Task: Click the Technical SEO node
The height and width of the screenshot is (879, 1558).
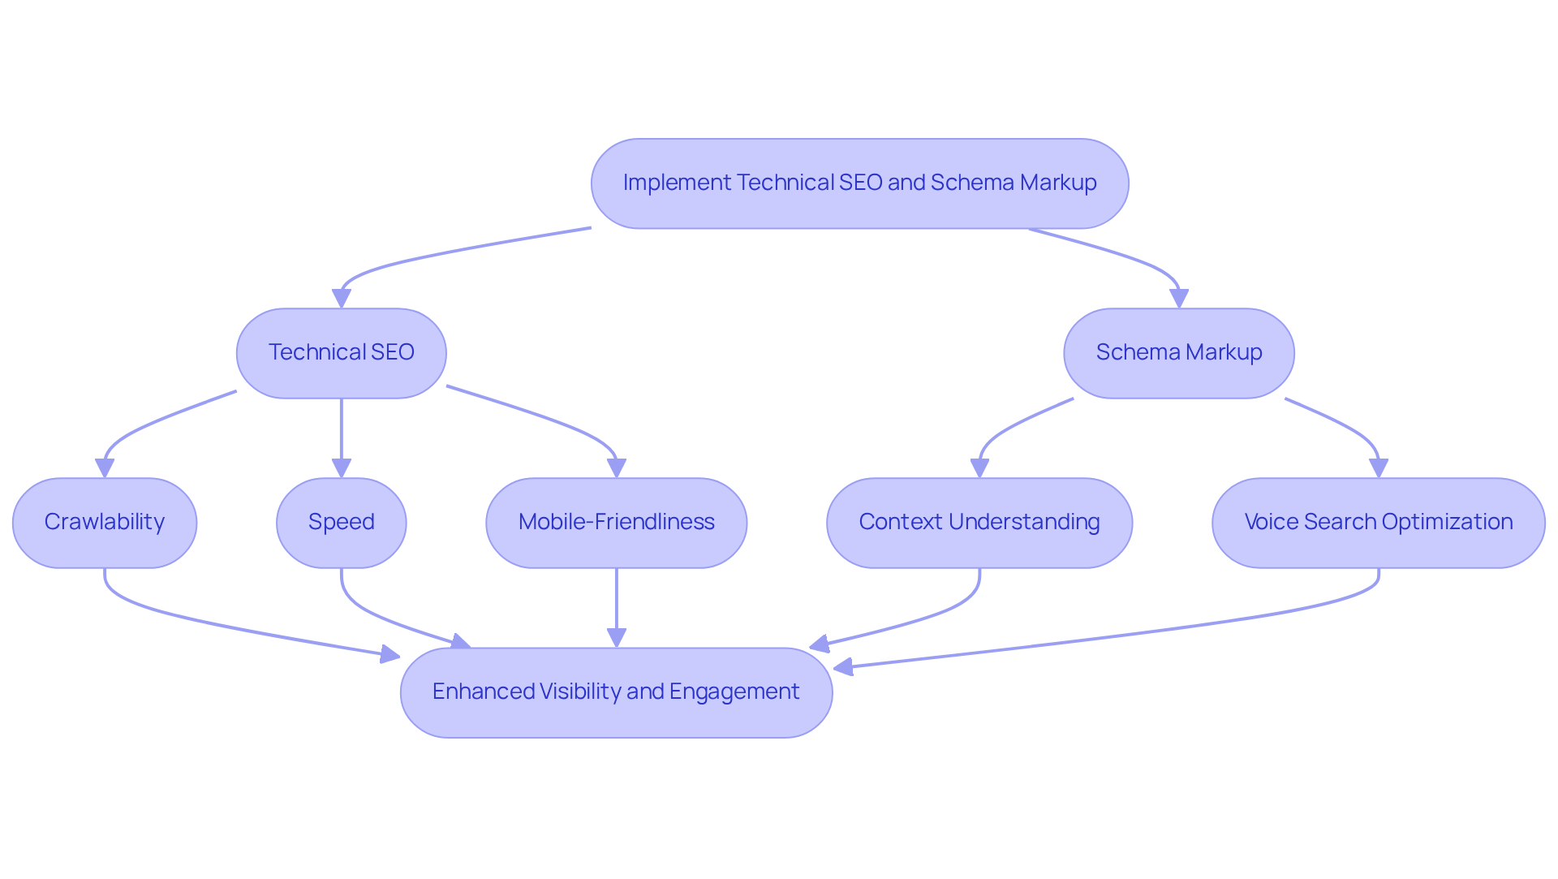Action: coord(341,353)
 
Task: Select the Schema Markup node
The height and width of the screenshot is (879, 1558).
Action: coord(1178,353)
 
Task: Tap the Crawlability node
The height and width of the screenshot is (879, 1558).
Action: coord(105,523)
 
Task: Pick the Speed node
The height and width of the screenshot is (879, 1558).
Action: coord(341,523)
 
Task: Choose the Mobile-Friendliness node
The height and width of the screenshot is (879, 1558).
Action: coord(616,523)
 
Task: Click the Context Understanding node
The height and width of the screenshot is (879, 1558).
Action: coord(979,523)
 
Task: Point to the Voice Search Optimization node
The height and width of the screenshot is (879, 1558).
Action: coord(1378,523)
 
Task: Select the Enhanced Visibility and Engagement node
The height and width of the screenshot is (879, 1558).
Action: coord(616,692)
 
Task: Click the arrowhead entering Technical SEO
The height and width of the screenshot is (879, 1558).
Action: coord(342,299)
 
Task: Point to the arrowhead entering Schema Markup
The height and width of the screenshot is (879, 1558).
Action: coord(1179,299)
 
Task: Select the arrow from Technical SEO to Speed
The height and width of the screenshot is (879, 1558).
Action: coord(341,434)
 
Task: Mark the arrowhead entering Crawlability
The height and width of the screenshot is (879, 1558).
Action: coord(105,468)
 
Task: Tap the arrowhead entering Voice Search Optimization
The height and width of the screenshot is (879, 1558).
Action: coord(1379,468)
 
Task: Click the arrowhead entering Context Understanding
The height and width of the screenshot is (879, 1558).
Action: coord(979,468)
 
